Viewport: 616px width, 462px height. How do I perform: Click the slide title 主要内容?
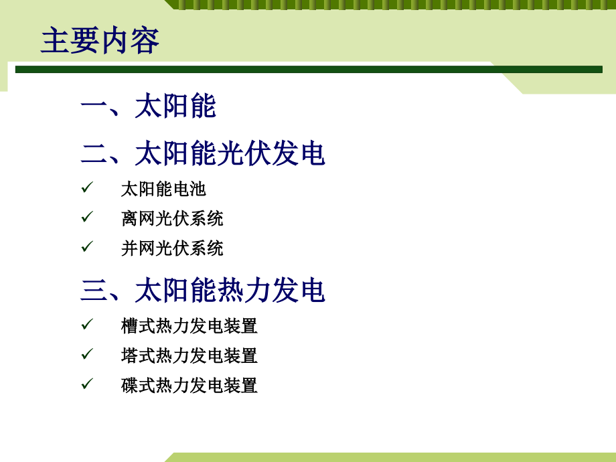point(100,41)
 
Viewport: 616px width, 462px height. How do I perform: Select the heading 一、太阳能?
point(148,106)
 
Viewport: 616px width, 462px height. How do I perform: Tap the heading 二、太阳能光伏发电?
point(203,154)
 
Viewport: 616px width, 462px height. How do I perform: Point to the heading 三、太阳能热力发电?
point(203,291)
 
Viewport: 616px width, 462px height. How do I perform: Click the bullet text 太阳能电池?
point(163,189)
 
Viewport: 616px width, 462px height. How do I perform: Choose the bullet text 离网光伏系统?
point(172,218)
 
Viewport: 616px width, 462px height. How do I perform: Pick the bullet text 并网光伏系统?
point(172,248)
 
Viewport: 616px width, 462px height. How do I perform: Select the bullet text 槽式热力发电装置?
point(189,326)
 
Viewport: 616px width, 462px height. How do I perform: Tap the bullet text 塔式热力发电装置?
point(189,356)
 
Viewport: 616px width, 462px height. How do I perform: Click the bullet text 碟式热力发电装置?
point(189,386)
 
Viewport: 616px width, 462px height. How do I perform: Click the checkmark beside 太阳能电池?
point(87,188)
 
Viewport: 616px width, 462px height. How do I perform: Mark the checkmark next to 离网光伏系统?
point(87,218)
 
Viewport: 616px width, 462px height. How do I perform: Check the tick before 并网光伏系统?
point(87,248)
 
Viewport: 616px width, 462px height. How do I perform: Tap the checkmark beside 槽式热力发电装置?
point(87,325)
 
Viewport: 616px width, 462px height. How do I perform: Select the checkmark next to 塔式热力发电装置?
point(87,355)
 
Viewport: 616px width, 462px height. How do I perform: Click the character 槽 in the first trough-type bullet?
point(129,326)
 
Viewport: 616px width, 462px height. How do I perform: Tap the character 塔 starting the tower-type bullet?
point(129,356)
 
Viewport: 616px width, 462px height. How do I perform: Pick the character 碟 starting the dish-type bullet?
point(129,386)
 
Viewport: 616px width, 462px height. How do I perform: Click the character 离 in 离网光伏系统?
point(129,218)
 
